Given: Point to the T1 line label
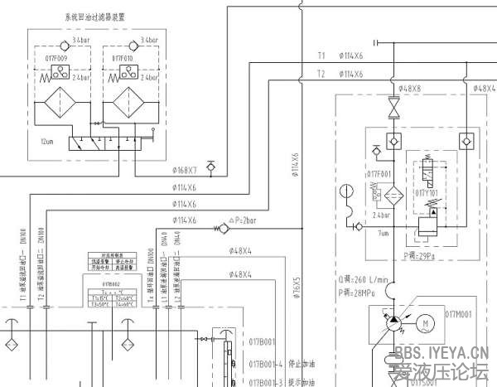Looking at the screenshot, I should (x=321, y=56).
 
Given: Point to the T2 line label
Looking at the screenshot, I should (x=321, y=75).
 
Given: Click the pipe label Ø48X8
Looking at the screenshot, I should (x=409, y=87).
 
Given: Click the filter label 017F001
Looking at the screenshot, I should (x=379, y=174).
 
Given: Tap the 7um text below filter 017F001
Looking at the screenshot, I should (x=383, y=235).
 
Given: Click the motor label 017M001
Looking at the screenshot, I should (x=458, y=314).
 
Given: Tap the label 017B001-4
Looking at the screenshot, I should (x=266, y=364).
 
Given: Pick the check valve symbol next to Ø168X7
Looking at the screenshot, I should (x=210, y=170).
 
